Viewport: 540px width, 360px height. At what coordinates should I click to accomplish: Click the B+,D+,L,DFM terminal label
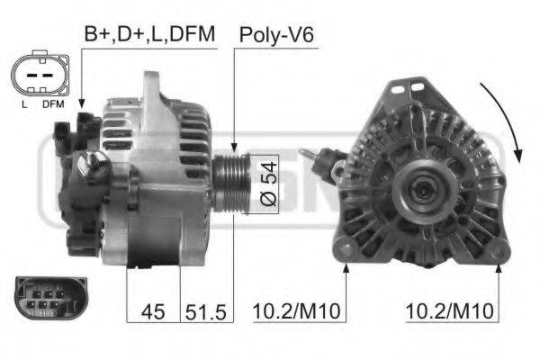tap(149, 34)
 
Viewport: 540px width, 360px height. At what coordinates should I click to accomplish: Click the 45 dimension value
tap(153, 312)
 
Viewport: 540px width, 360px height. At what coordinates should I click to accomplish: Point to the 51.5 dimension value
tap(205, 312)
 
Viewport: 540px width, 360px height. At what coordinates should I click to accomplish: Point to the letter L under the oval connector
tap(24, 103)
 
